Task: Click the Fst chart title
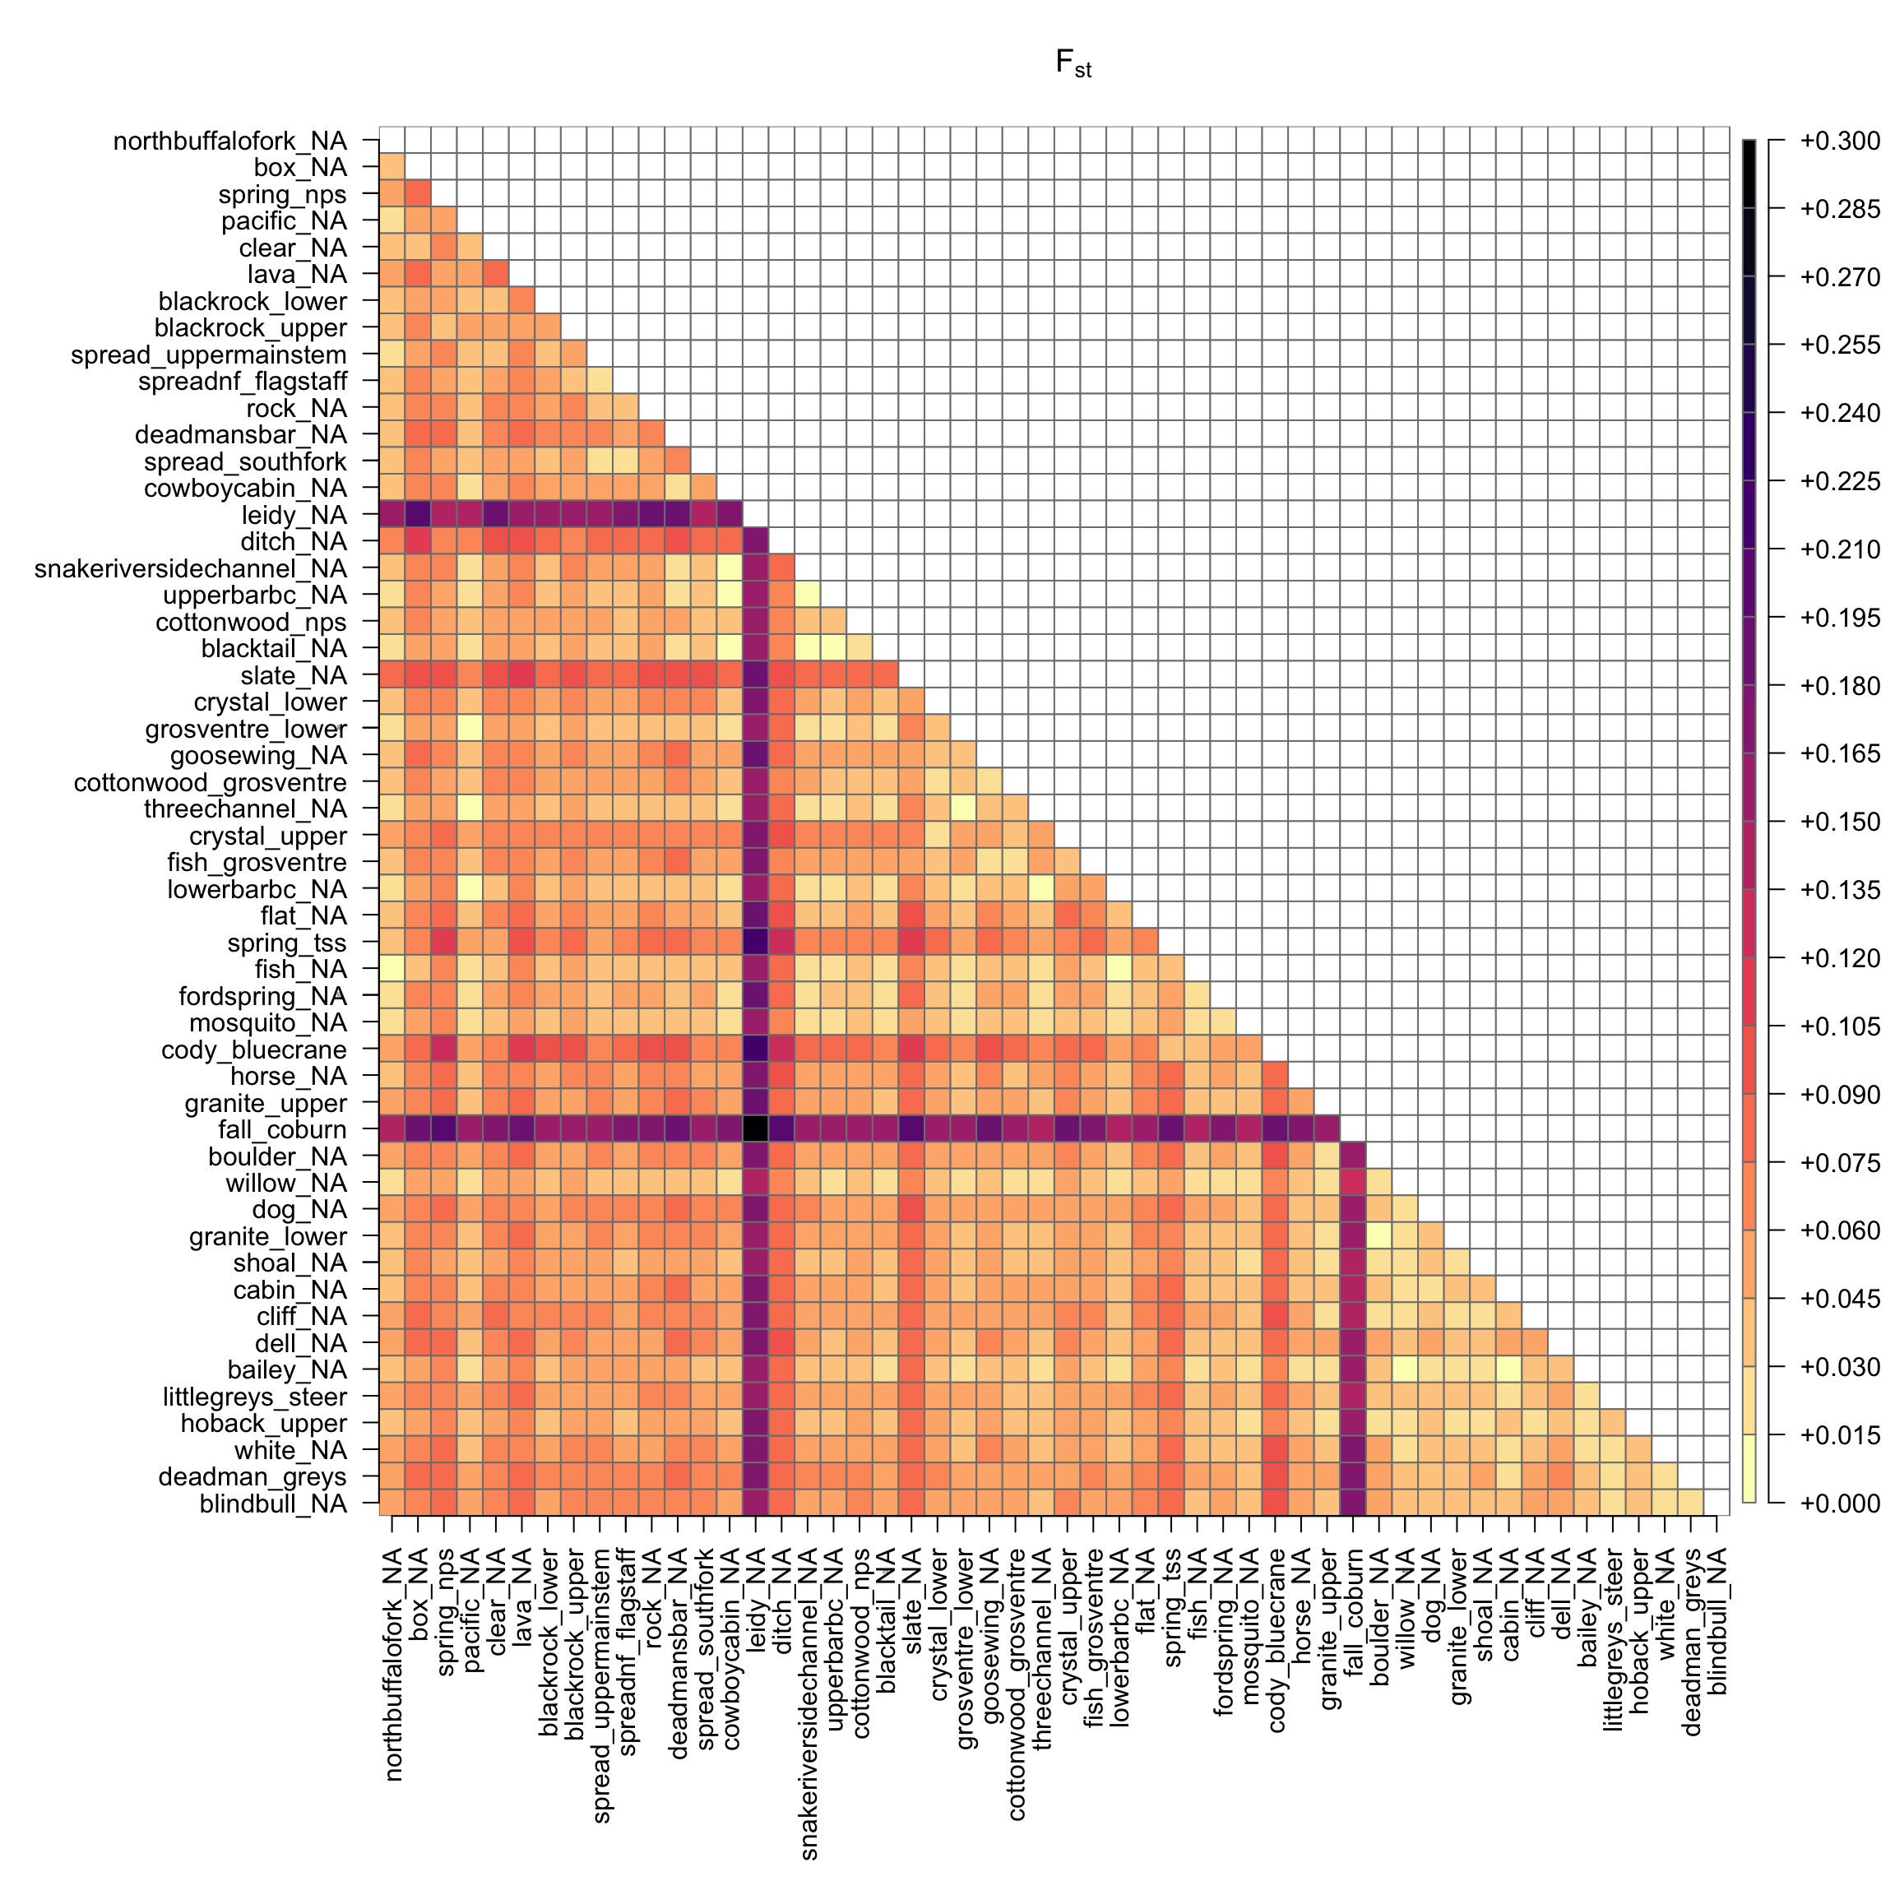click(1073, 64)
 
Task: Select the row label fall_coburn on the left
click(281, 1129)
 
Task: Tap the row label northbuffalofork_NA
click(229, 141)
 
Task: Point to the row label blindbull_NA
click(273, 1503)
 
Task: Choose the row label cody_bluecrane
click(253, 1049)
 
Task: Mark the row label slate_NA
click(294, 676)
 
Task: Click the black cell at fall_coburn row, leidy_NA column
click(755, 1129)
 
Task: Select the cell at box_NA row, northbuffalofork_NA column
click(392, 168)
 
